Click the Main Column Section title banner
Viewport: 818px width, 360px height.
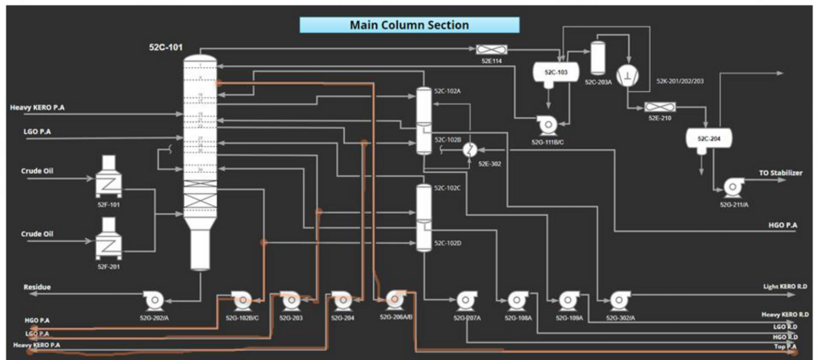point(409,25)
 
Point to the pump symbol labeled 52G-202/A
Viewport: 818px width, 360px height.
point(152,300)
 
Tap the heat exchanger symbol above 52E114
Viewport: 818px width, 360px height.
point(487,49)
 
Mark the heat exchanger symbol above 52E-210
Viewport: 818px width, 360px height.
point(659,108)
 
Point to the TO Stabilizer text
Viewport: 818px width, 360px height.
point(780,173)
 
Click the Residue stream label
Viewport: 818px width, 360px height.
point(37,287)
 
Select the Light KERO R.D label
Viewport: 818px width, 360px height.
point(786,287)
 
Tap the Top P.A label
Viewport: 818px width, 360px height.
point(785,346)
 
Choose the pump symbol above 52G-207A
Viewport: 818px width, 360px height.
point(466,301)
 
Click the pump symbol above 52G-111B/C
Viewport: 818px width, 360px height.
point(547,126)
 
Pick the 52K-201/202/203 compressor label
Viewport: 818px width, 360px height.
point(679,81)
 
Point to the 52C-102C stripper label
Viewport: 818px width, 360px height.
point(447,188)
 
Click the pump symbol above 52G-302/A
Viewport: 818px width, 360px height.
point(620,301)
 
